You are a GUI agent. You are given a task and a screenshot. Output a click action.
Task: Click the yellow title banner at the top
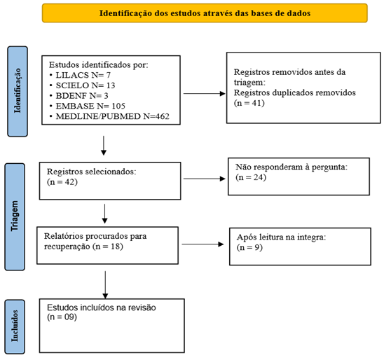[x=205, y=13]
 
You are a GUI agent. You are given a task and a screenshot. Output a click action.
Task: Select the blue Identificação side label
[x=18, y=91]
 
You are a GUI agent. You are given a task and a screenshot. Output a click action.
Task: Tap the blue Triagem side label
[x=15, y=216]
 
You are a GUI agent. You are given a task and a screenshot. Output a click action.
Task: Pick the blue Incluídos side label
[x=15, y=326]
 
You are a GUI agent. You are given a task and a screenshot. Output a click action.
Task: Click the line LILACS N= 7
[x=83, y=75]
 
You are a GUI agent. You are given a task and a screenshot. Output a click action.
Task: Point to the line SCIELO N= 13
[x=85, y=85]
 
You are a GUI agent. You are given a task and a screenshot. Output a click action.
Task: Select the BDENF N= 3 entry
[x=82, y=96]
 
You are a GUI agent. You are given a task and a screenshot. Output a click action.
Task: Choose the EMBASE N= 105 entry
[x=90, y=106]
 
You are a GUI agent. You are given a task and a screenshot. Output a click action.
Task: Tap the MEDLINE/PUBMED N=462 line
[x=112, y=116]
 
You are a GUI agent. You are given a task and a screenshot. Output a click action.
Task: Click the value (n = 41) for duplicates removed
[x=249, y=103]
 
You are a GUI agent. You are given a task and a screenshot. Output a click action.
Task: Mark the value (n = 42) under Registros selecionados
[x=62, y=182]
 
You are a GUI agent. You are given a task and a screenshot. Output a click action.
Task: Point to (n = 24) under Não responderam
[x=251, y=177]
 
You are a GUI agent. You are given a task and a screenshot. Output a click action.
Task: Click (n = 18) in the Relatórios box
[x=108, y=247]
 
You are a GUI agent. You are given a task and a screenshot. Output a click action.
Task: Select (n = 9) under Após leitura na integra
[x=249, y=247]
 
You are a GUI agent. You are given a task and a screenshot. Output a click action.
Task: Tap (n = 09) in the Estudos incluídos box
[x=62, y=317]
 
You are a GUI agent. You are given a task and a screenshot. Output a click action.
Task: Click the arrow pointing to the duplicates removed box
[x=204, y=93]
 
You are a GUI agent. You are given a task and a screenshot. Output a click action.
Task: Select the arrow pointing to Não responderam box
[x=204, y=179]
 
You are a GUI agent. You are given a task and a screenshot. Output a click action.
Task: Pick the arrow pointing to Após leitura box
[x=203, y=244]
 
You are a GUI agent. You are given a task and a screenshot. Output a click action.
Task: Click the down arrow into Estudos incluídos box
[x=105, y=285]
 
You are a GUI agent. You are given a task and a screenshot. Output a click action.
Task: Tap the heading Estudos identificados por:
[x=99, y=65]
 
